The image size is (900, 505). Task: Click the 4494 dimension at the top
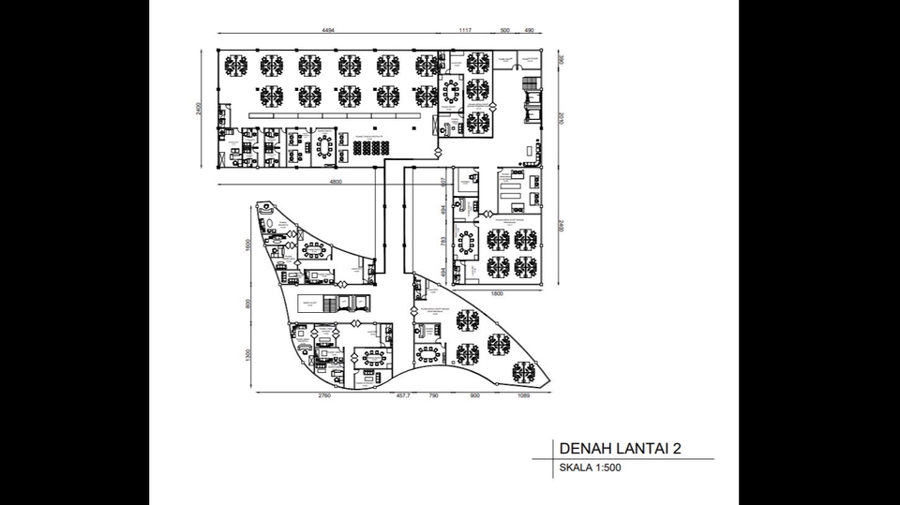coord(328,31)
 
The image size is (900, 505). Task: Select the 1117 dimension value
coord(464,31)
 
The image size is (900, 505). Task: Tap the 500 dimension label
coord(505,31)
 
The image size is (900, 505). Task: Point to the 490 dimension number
coord(529,31)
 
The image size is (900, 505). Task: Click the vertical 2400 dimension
coord(200,108)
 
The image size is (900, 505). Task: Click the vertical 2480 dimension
coord(560,227)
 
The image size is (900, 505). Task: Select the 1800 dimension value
coord(498,294)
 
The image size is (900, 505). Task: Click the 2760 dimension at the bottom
coord(324,396)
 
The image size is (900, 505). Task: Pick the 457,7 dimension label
coord(404,396)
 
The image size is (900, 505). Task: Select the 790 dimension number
coord(434,396)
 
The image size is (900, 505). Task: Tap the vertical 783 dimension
coord(444,242)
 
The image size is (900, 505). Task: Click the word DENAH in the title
coord(583,448)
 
